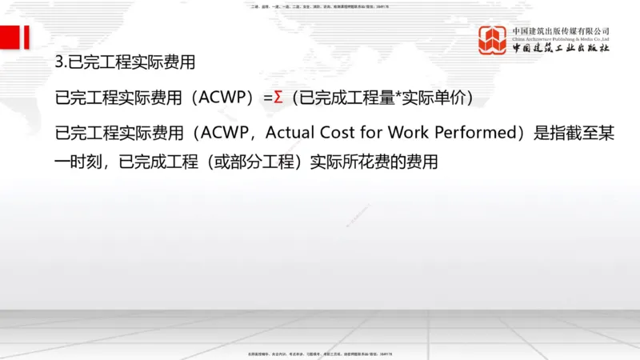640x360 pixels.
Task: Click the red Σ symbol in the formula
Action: tap(278, 98)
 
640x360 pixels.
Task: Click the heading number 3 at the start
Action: tap(59, 62)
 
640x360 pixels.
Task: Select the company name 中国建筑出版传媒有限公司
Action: tap(561, 30)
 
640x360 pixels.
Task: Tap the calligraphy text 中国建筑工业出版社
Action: tap(561, 49)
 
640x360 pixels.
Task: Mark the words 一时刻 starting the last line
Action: tap(78, 162)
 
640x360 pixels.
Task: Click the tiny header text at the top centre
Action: tap(320, 6)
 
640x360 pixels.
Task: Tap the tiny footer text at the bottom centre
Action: tap(320, 353)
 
